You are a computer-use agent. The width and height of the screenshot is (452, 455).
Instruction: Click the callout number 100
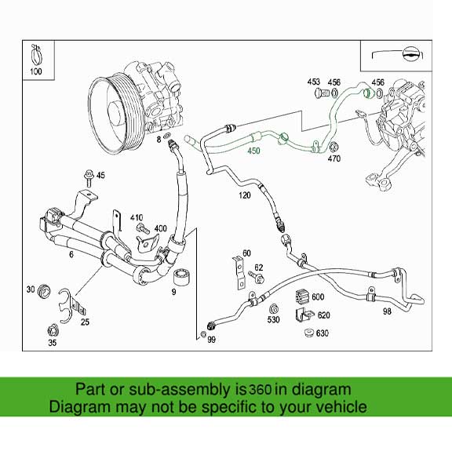click(35, 73)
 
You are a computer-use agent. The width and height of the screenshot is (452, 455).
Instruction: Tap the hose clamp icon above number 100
click(35, 56)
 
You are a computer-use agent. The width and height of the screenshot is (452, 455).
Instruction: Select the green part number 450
click(253, 151)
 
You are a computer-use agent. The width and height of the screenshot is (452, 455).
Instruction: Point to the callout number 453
click(314, 82)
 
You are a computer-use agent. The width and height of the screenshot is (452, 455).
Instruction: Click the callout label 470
click(334, 159)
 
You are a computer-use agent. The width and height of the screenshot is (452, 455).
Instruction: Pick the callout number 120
click(244, 194)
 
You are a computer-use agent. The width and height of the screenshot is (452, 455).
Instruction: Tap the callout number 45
click(100, 175)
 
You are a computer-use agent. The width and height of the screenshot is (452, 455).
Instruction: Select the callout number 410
click(137, 217)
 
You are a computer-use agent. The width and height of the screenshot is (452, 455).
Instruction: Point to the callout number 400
click(161, 228)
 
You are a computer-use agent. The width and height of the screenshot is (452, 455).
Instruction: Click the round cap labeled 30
click(45, 290)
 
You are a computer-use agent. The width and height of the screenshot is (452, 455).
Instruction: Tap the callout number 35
click(52, 343)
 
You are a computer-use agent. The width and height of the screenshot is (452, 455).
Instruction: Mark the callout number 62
click(259, 268)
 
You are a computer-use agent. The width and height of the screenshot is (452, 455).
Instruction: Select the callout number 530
click(273, 319)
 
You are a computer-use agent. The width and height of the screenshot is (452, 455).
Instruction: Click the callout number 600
click(317, 296)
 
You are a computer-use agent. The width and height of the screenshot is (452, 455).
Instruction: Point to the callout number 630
click(322, 333)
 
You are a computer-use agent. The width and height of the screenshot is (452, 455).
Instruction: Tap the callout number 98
click(387, 311)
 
